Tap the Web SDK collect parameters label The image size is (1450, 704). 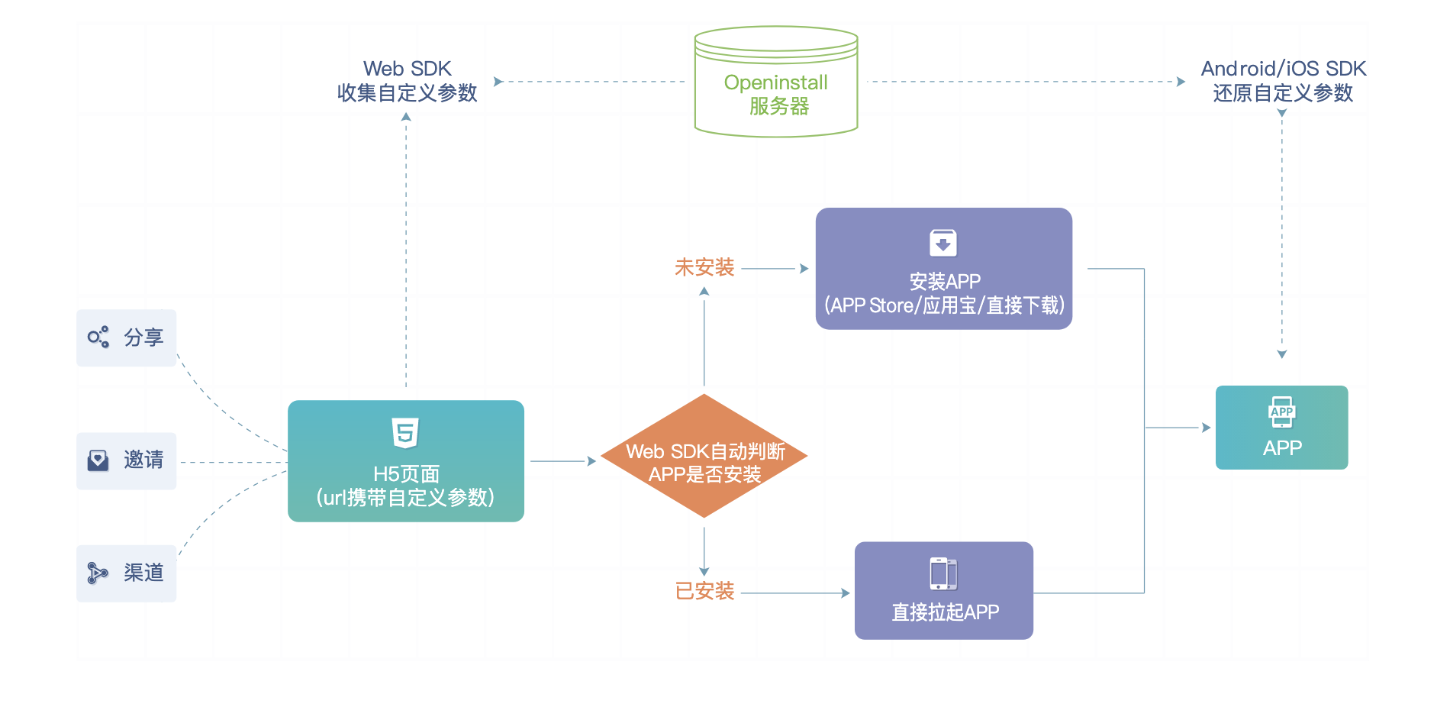coord(407,81)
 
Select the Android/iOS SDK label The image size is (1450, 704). coord(1283,81)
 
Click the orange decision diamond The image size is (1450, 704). coord(704,457)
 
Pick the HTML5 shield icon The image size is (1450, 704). coord(405,433)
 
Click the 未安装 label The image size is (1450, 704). coord(704,268)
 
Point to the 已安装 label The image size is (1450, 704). coord(704,592)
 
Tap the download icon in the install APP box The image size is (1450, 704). coord(943,244)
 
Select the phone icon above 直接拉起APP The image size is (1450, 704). coord(943,573)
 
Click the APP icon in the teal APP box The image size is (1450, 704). coord(1281,412)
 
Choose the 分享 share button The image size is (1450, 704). coord(127,337)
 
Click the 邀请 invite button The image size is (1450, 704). coord(127,460)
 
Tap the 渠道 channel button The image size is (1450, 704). coord(127,573)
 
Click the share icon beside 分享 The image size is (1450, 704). coord(98,337)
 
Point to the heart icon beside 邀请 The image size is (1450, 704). coord(98,460)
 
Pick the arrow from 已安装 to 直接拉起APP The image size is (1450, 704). coord(794,593)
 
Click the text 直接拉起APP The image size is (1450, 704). coord(945,612)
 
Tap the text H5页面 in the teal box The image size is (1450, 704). coord(406,474)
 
